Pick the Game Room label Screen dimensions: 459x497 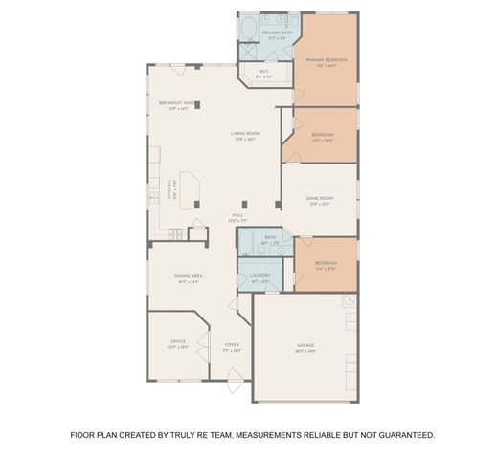(x=319, y=200)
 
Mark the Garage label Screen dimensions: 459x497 (x=305, y=349)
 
